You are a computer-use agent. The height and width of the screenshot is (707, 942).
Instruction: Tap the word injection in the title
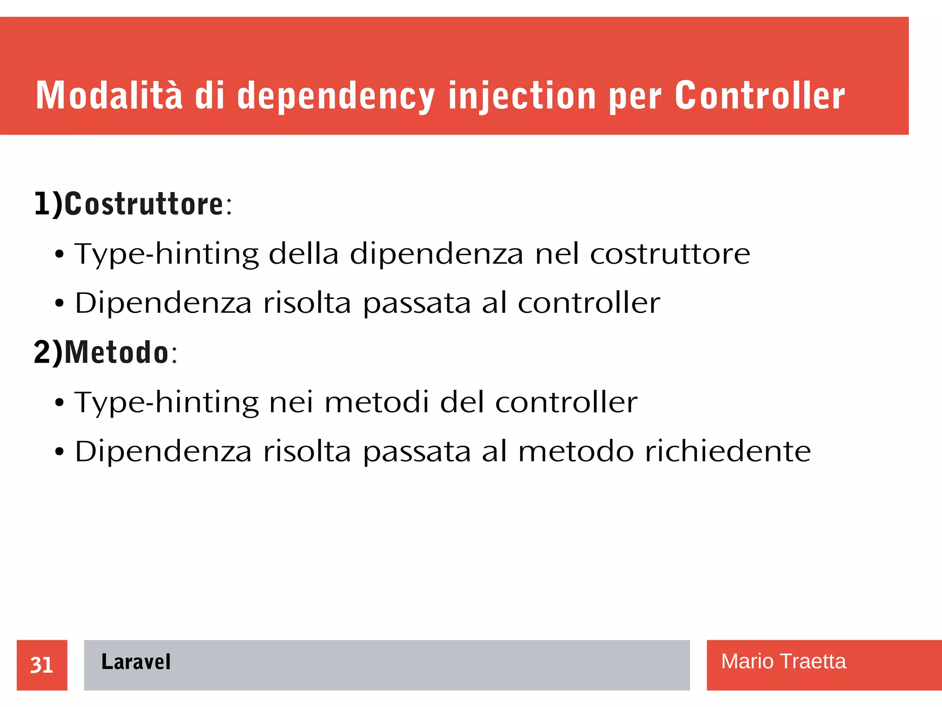pos(522,96)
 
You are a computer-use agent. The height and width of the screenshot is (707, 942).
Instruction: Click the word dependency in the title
pos(336,96)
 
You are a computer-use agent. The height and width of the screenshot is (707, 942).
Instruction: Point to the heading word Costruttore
pos(144,204)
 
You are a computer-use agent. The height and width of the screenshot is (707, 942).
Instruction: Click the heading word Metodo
pos(116,352)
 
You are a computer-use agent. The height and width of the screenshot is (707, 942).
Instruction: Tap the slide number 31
pos(42,665)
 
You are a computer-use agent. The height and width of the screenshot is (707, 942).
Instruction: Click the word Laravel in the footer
pos(136,662)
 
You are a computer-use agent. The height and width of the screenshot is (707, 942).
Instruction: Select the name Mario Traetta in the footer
pos(783,661)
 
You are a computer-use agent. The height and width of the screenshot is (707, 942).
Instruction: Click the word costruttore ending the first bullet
pos(670,254)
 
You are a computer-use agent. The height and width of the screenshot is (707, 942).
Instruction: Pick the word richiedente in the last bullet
pos(728,451)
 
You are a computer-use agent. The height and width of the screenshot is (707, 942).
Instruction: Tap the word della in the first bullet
pos(304,254)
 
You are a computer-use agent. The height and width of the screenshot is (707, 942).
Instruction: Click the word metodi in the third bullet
pos(377,402)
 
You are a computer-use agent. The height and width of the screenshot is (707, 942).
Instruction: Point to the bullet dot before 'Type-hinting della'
pos(59,254)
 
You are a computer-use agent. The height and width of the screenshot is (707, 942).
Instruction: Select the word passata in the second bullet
pos(417,304)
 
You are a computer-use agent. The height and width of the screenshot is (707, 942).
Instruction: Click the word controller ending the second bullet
pos(589,303)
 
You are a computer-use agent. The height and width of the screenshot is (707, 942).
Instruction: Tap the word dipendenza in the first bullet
pos(437,254)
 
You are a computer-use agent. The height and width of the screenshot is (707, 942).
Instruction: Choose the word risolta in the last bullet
pos(307,451)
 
